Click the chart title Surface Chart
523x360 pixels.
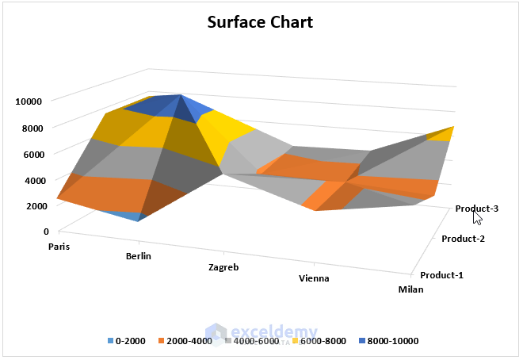[260, 21]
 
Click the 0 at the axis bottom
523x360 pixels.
[46, 232]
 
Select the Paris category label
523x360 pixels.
[59, 246]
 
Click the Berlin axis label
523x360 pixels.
[138, 256]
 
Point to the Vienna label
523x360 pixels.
[314, 278]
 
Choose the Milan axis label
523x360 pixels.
[410, 289]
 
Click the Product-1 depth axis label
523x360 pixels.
[442, 275]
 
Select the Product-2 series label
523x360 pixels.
[463, 239]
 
